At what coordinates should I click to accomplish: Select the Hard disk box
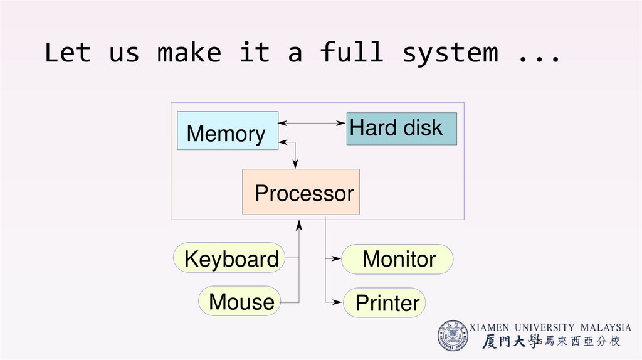401,129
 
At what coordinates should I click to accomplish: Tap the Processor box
301,192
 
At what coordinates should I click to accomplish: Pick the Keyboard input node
229,258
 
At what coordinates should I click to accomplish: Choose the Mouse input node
240,302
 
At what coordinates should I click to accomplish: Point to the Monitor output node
397,259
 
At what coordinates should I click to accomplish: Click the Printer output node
385,303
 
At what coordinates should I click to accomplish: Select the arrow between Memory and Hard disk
312,123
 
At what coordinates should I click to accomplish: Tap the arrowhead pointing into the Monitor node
337,258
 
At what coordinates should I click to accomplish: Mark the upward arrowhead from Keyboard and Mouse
300,224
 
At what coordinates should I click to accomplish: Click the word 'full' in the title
352,53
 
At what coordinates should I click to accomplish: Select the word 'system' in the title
450,53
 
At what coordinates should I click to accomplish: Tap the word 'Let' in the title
68,53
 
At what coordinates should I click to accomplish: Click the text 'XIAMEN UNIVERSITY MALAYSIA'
550,327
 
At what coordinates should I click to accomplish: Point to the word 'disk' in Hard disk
423,127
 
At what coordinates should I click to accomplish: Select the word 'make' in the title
189,53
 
